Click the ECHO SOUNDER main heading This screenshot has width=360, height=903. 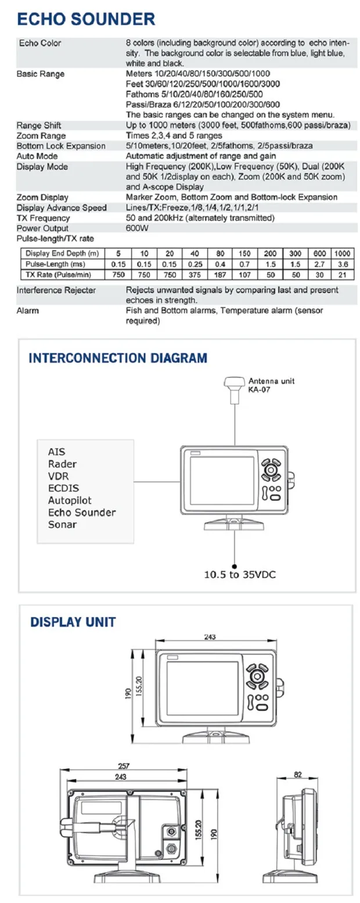(86, 19)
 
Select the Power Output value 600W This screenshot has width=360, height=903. (136, 228)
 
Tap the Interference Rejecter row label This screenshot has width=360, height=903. (56, 290)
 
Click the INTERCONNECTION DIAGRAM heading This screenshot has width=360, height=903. (118, 357)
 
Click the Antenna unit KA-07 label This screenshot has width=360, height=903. (271, 385)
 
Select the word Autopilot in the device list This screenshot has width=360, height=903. (70, 500)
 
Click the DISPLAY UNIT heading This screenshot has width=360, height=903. (73, 622)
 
